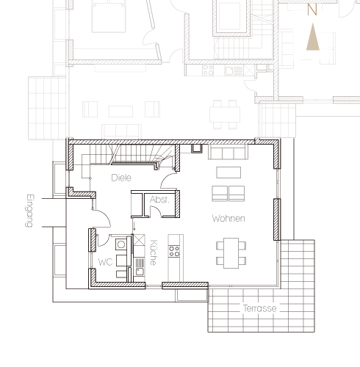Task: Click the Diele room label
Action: click(x=121, y=178)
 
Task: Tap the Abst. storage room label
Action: click(x=159, y=200)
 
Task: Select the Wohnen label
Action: click(x=228, y=219)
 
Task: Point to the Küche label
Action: click(x=153, y=252)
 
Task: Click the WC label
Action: click(x=105, y=262)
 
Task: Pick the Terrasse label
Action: click(x=260, y=308)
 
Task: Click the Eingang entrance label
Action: click(x=29, y=211)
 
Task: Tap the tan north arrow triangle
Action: click(x=313, y=37)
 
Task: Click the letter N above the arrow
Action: click(x=312, y=10)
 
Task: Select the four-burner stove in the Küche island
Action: click(x=174, y=251)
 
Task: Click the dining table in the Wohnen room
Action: click(x=231, y=253)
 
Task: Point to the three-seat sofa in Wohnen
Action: click(x=228, y=152)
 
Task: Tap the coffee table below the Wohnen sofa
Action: click(x=228, y=172)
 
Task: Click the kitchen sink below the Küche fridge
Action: click(x=140, y=267)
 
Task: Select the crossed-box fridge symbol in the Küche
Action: click(x=139, y=240)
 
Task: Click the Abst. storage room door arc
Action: click(x=156, y=211)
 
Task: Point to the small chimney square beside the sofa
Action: click(x=197, y=149)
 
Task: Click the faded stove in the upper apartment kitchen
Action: click(x=208, y=70)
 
